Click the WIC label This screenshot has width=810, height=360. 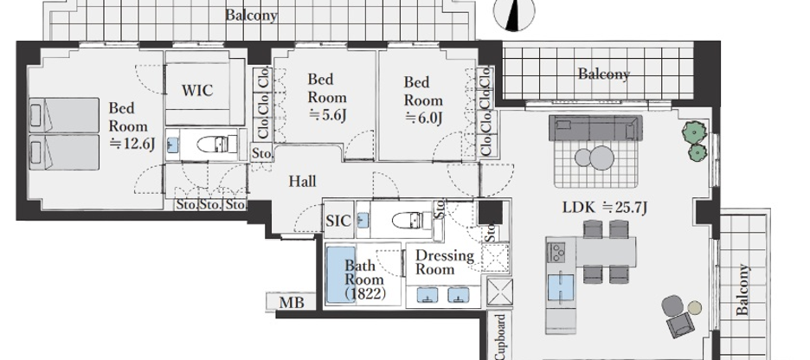(x=196, y=90)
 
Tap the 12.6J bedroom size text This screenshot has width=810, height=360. (x=132, y=145)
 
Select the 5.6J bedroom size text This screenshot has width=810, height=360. (x=327, y=115)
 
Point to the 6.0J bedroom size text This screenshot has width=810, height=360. (x=423, y=119)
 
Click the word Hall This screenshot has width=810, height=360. (x=302, y=181)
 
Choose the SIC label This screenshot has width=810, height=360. (x=338, y=221)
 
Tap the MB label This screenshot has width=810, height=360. (x=292, y=303)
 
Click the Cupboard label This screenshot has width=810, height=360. (x=500, y=337)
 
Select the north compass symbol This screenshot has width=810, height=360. (x=514, y=12)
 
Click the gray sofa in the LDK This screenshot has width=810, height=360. (x=595, y=127)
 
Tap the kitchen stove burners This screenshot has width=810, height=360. (x=557, y=253)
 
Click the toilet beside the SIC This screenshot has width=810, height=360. (x=412, y=221)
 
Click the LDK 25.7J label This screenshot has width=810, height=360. (x=605, y=209)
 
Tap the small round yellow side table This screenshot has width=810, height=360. (x=695, y=308)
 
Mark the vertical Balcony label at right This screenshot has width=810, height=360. (x=742, y=289)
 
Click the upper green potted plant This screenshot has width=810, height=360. (x=693, y=132)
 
